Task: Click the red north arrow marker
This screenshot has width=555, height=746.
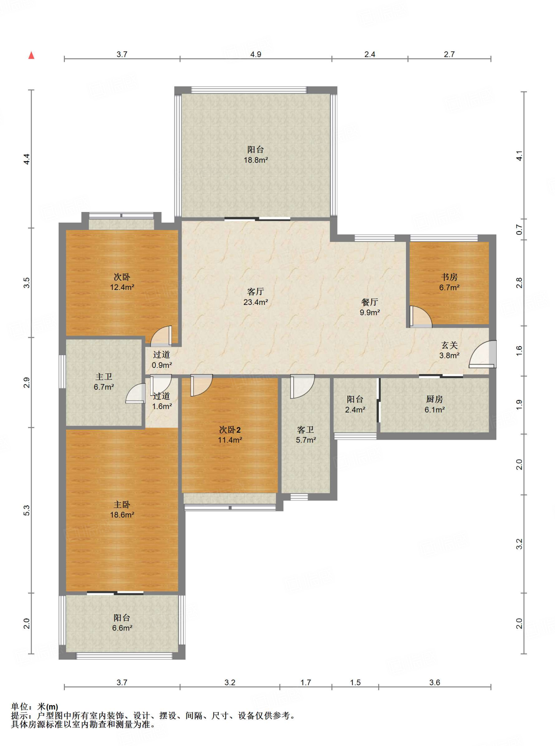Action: (x=31, y=55)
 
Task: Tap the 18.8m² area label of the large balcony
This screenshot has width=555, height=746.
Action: (x=256, y=160)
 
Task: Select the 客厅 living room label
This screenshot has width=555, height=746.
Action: (x=255, y=291)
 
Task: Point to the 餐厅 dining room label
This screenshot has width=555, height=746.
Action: (x=370, y=302)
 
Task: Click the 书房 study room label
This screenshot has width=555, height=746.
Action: (x=449, y=277)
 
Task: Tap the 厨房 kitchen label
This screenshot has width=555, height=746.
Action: (x=434, y=399)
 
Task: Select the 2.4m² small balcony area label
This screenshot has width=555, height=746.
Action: (x=355, y=410)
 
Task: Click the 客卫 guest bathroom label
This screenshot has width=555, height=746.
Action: (x=305, y=430)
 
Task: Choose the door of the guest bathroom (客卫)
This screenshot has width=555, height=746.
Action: (x=302, y=386)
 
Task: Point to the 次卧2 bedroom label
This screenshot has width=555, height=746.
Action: (x=230, y=430)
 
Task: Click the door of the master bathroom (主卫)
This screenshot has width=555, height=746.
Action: (x=135, y=393)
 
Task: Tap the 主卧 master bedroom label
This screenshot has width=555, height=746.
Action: (x=122, y=504)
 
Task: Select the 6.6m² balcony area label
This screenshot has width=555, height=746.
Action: (x=122, y=628)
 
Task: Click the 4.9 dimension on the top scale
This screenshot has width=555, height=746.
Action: (x=255, y=54)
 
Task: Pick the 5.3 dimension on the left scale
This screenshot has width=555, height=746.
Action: (x=27, y=510)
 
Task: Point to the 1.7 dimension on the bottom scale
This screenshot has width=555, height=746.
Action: (x=305, y=682)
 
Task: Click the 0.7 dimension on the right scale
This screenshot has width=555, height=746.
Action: (x=519, y=230)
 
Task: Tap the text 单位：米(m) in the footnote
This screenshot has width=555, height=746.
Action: (x=35, y=707)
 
